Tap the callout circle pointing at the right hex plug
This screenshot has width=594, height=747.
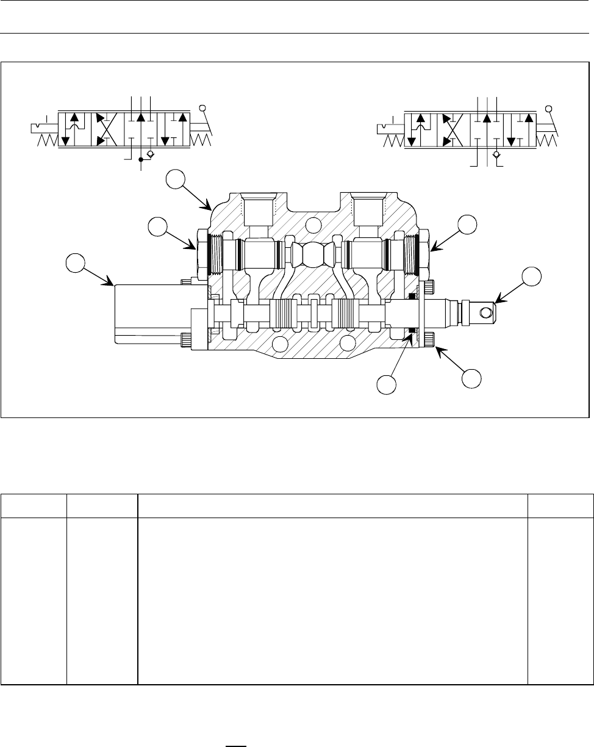pos(468,223)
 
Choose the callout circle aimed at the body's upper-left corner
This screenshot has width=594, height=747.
pos(176,181)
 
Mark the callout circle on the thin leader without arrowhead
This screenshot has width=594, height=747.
pos(385,385)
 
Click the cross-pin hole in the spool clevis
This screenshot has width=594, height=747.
pos(485,313)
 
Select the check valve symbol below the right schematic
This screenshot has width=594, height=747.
pos(497,155)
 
